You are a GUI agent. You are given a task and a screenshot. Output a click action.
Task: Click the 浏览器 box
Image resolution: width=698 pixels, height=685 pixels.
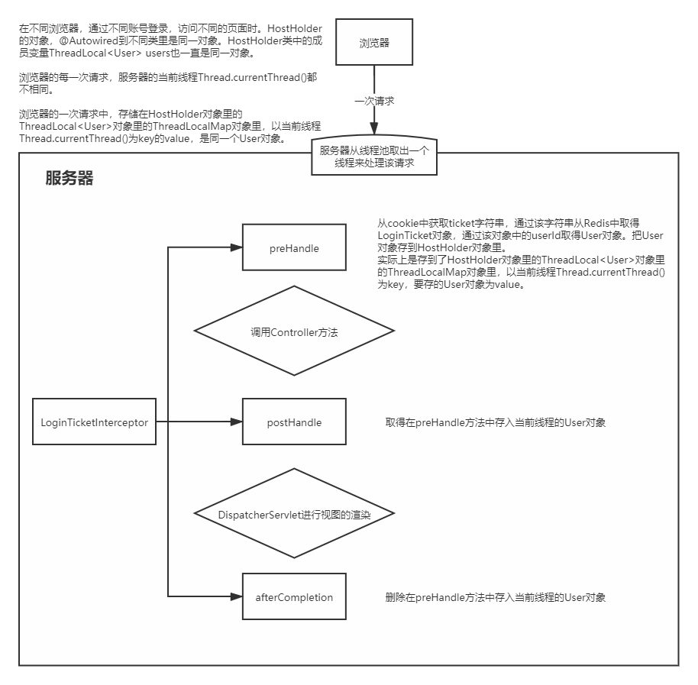pyautogui.click(x=374, y=43)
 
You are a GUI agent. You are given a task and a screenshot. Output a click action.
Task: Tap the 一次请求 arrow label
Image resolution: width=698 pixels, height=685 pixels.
pyautogui.click(x=374, y=100)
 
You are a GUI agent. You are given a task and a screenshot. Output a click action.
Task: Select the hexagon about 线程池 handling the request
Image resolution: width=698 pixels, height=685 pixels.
pyautogui.click(x=374, y=157)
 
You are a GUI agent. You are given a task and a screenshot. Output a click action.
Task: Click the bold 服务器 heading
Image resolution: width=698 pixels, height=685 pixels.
pyautogui.click(x=69, y=179)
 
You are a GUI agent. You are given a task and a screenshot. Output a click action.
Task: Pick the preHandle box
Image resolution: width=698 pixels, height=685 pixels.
pyautogui.click(x=294, y=248)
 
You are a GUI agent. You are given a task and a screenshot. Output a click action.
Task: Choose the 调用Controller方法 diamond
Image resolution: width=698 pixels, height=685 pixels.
pyautogui.click(x=294, y=331)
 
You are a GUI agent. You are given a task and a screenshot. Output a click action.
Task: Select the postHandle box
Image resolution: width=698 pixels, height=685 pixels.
pyautogui.click(x=294, y=422)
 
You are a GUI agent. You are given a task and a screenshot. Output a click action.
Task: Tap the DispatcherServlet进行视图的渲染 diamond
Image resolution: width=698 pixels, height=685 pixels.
pyautogui.click(x=294, y=514)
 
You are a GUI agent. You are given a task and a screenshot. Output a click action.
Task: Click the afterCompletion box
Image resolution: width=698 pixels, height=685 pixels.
pyautogui.click(x=294, y=597)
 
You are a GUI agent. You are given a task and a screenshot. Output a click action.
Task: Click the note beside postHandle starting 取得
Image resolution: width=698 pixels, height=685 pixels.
pyautogui.click(x=496, y=422)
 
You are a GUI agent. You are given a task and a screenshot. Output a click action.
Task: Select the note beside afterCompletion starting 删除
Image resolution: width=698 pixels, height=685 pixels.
pyautogui.click(x=496, y=597)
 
